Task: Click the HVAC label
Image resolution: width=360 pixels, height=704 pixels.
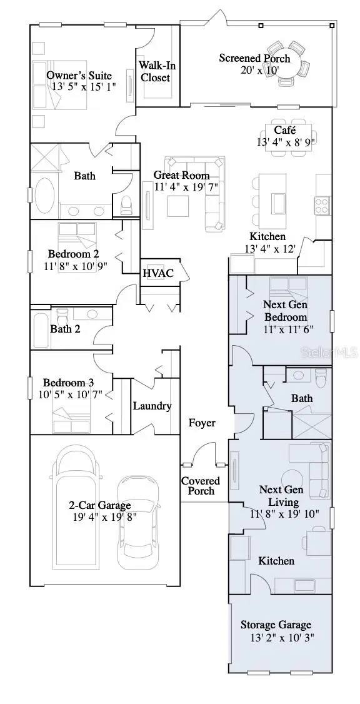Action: click(x=157, y=273)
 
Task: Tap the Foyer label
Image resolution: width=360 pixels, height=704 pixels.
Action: click(x=202, y=423)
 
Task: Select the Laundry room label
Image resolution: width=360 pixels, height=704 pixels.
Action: click(x=152, y=406)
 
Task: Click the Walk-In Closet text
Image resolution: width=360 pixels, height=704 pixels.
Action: click(x=155, y=71)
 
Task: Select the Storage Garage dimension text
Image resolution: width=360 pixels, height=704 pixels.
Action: click(x=276, y=638)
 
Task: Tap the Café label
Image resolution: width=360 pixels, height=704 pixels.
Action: click(x=281, y=130)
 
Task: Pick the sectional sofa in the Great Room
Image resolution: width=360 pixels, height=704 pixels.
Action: click(x=206, y=194)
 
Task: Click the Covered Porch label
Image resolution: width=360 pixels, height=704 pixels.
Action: click(x=201, y=486)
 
